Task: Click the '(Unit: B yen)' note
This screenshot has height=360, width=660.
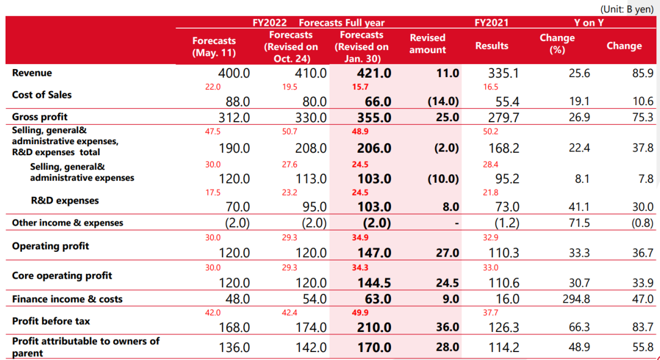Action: pos(627,9)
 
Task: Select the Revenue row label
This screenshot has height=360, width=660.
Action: pos(32,73)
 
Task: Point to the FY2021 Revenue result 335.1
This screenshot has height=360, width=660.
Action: pos(504,73)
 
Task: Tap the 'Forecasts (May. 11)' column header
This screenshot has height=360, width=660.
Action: pos(214,46)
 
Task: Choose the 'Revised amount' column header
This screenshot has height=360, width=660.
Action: pos(427,43)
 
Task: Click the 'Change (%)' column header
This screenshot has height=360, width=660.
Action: pos(557,43)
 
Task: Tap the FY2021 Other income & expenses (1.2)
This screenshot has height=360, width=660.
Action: pos(506,223)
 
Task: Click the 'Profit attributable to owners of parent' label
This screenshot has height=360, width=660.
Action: pos(85,347)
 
